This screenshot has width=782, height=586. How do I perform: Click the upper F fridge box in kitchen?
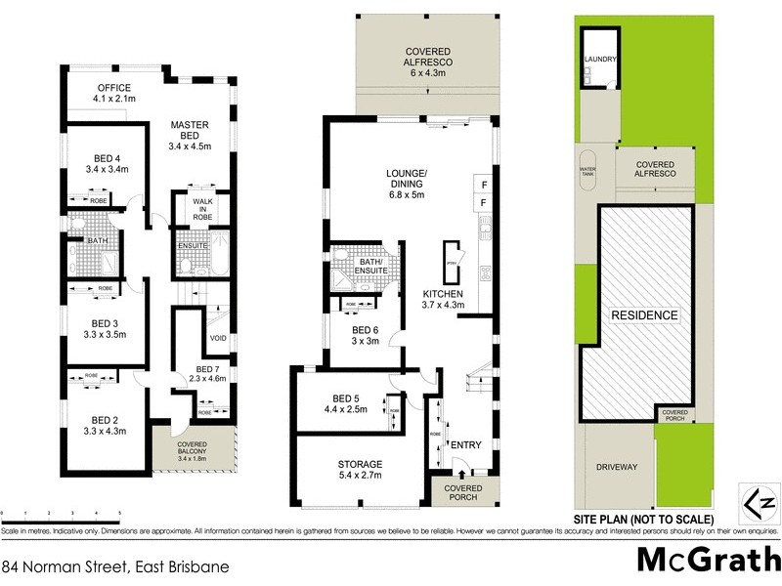483,183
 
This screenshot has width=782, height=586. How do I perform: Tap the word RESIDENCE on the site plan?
644,315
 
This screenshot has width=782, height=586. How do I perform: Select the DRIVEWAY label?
617,467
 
